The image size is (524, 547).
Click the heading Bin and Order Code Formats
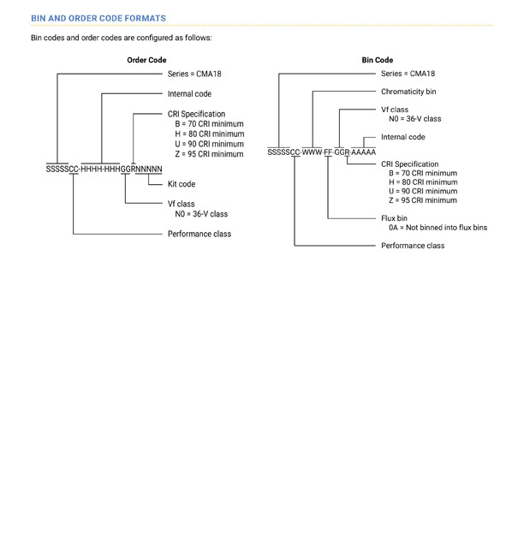(98, 19)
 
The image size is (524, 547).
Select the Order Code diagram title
(146, 60)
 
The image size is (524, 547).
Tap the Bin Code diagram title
(377, 60)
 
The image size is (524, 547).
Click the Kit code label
(182, 184)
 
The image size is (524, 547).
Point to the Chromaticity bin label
(408, 92)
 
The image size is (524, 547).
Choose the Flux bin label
(394, 218)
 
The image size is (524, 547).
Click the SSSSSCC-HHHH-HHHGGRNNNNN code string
(104, 169)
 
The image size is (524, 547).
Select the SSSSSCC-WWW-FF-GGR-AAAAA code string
(322, 152)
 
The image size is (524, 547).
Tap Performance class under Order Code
(199, 234)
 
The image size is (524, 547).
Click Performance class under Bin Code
(413, 246)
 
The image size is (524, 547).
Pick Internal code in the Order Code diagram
(189, 94)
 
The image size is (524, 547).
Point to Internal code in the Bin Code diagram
(403, 137)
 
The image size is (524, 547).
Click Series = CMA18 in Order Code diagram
(194, 74)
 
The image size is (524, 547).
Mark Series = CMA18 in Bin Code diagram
(408, 74)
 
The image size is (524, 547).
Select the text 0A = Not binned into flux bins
(438, 228)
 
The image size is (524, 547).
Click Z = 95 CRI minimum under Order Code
(209, 154)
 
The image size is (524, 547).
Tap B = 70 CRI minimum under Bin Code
(423, 173)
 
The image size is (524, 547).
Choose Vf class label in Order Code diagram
(181, 204)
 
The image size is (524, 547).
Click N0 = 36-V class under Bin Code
(414, 119)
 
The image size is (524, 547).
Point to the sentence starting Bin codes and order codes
(121, 38)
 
